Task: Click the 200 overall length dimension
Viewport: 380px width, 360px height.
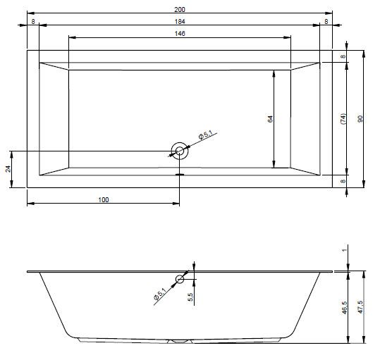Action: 180,9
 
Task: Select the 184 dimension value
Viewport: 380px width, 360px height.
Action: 180,22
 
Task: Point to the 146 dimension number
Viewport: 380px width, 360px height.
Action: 180,33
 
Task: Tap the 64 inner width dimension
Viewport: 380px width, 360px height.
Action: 270,119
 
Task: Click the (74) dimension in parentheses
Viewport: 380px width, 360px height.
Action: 343,119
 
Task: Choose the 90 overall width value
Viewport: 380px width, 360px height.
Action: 360,119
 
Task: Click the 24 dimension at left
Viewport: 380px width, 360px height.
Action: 8,169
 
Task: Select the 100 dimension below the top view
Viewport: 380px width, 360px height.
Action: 104,200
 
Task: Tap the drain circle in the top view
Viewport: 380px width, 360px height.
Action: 180,151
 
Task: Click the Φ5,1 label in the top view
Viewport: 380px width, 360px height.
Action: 205,135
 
